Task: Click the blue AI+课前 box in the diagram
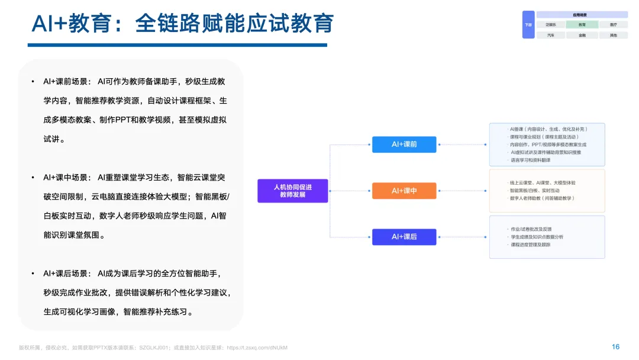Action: click(404, 144)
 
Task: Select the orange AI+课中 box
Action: click(404, 191)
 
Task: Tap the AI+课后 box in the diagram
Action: click(404, 237)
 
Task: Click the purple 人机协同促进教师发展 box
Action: click(292, 191)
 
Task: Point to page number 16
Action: click(615, 347)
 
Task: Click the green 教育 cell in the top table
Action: click(582, 25)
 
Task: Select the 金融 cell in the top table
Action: click(582, 35)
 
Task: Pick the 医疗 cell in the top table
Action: click(613, 25)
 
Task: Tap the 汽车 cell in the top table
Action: click(551, 35)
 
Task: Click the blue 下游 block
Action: click(528, 25)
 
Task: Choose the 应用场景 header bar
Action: click(582, 15)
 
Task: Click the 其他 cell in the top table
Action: click(613, 35)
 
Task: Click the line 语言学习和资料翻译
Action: click(531, 160)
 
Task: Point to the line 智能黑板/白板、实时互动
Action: click(535, 191)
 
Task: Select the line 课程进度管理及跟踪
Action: click(531, 245)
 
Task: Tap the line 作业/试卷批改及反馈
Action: click(531, 229)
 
